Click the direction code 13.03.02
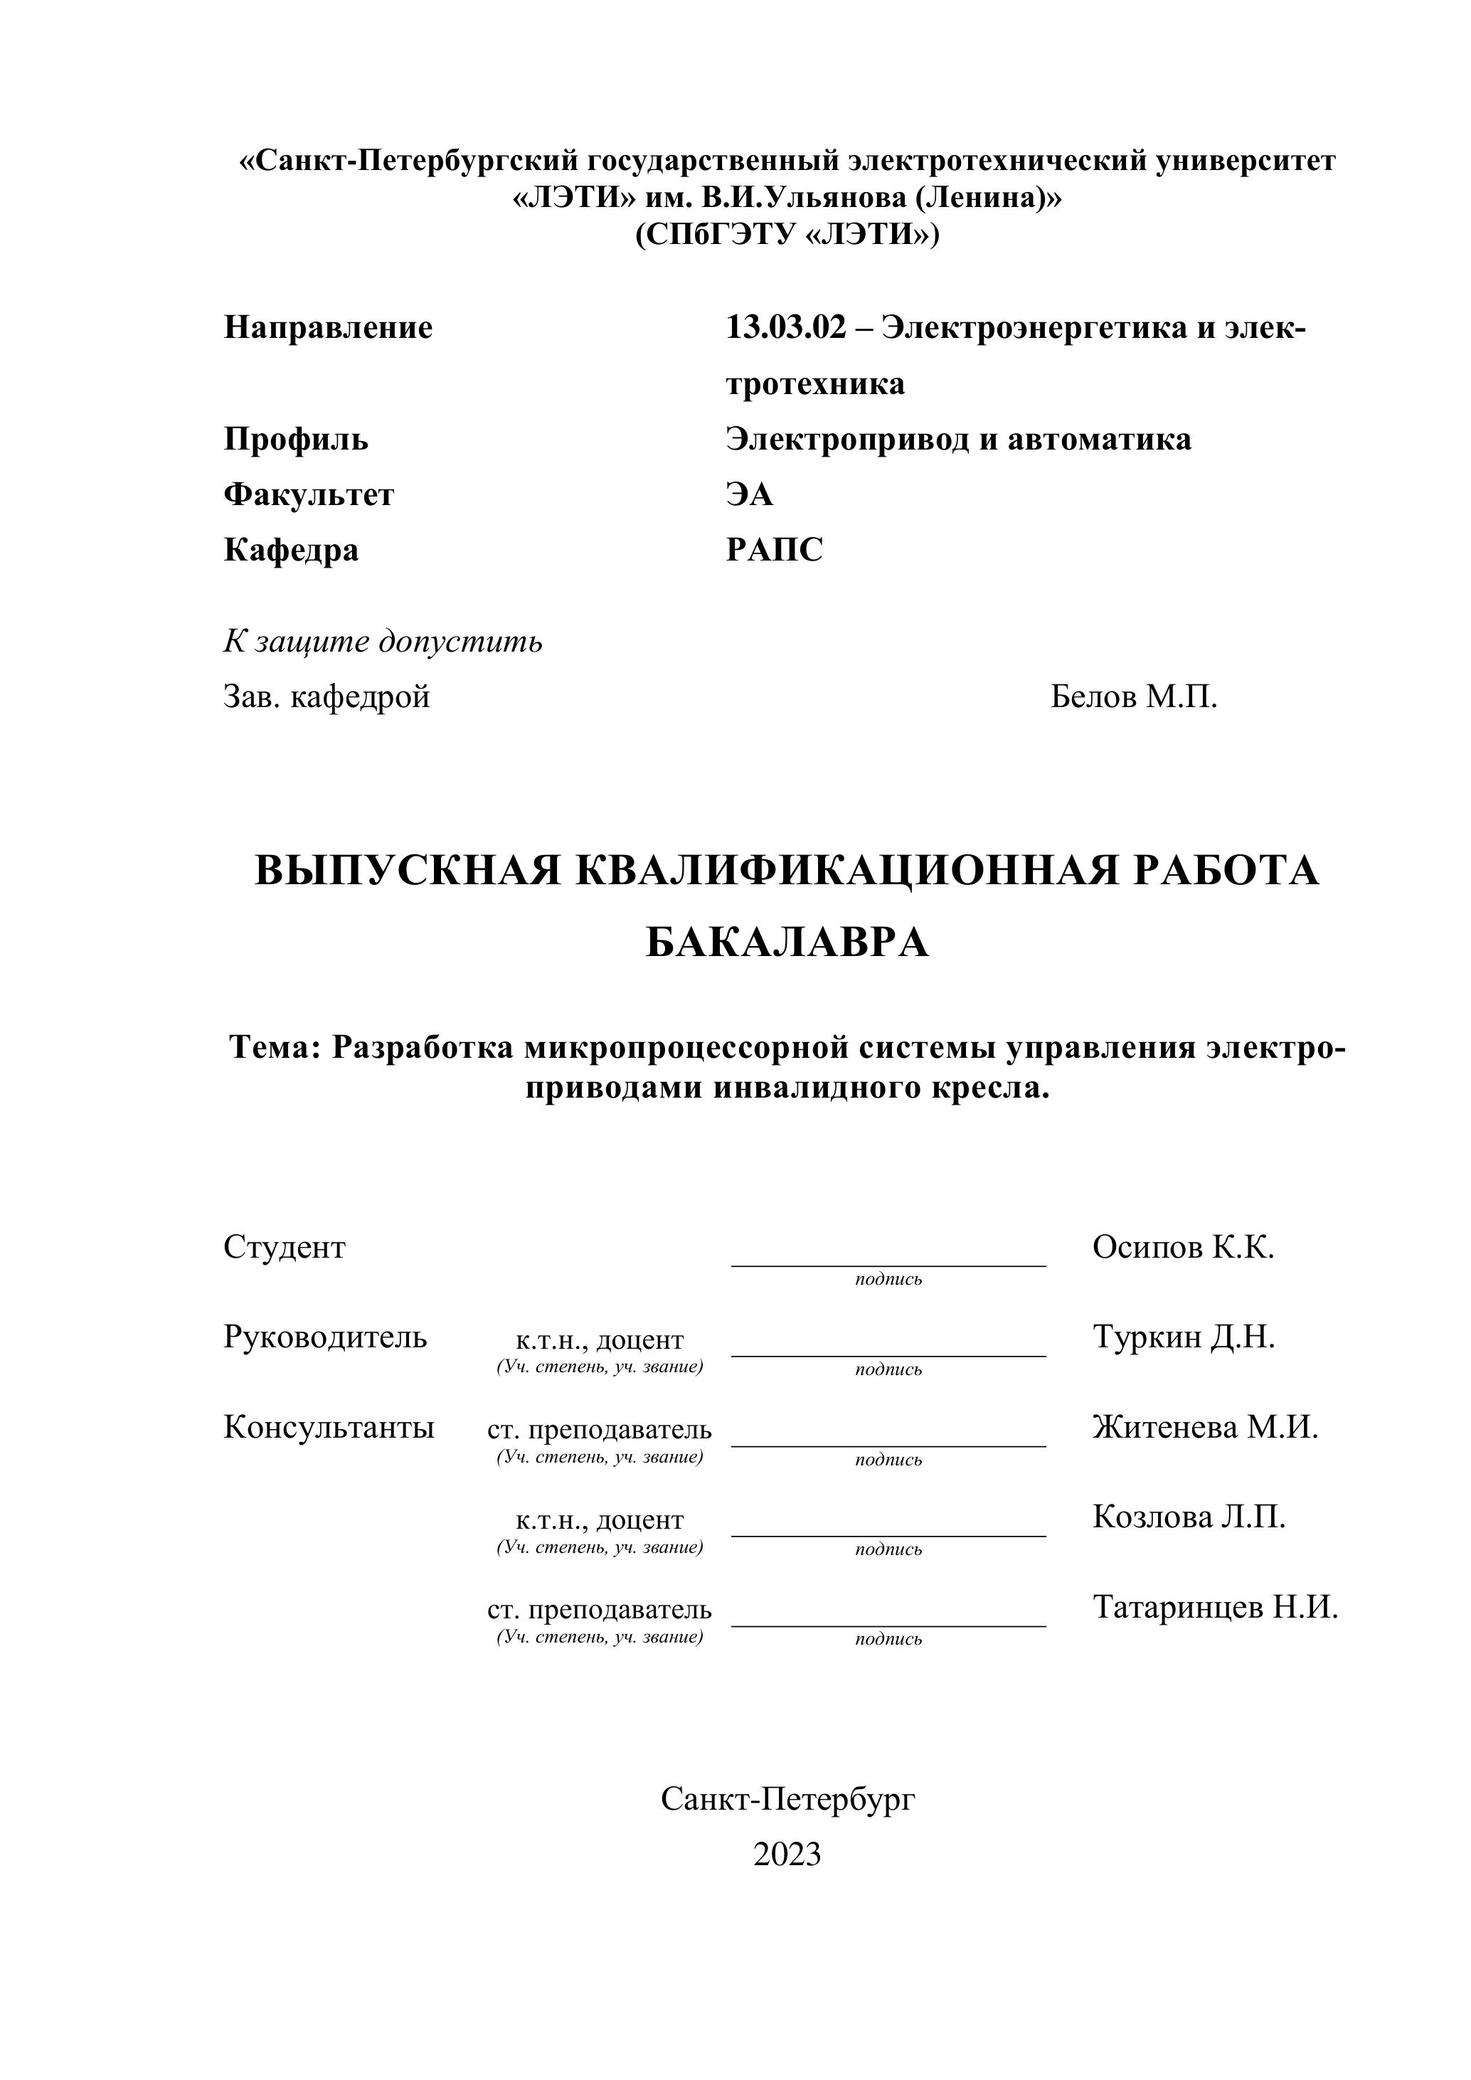(785, 327)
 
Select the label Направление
(328, 327)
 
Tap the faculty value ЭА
(749, 494)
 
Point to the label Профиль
(295, 440)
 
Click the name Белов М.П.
(1133, 696)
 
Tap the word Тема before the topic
(275, 1047)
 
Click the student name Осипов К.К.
(1183, 1248)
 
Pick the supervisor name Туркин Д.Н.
(1183, 1337)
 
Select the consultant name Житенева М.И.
(1205, 1427)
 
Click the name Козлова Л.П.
(1189, 1517)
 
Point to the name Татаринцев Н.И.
(1215, 1607)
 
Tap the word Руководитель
(324, 1337)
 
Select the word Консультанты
(328, 1427)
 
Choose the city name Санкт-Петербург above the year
(787, 1799)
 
